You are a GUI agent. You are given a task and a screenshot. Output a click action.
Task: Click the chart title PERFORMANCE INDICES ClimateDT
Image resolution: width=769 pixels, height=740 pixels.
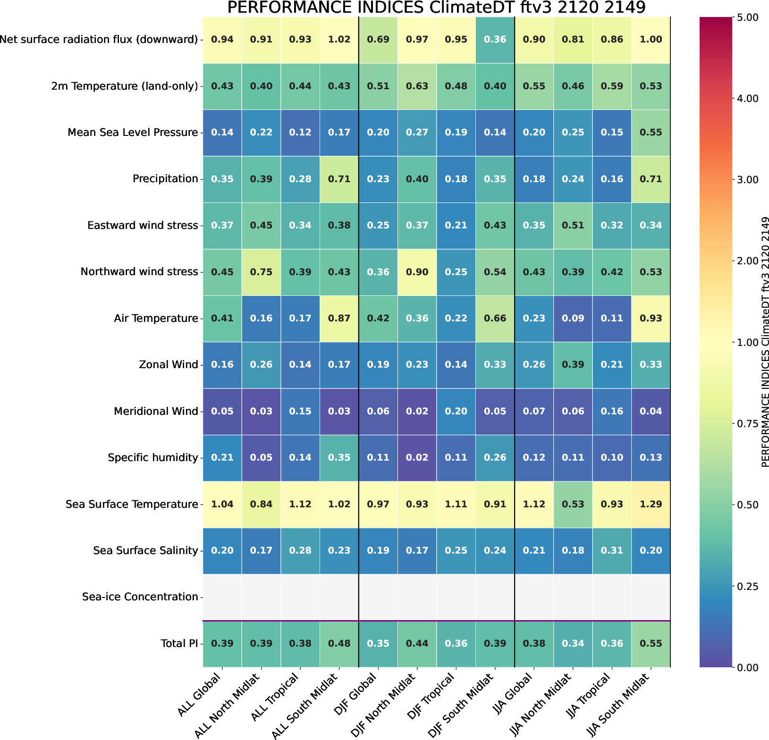coord(436,8)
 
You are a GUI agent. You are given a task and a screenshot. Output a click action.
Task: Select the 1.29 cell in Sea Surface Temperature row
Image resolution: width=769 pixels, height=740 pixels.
coord(651,504)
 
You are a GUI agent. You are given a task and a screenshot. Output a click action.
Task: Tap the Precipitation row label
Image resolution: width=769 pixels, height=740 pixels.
coord(165,179)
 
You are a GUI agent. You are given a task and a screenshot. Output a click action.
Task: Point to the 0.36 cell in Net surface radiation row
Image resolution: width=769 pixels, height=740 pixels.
coord(495,40)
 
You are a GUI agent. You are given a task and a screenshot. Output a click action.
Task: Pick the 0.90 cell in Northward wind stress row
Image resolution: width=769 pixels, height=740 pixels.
coord(417,272)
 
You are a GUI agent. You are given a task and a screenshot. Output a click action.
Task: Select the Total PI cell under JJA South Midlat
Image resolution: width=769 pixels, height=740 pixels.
coord(651,643)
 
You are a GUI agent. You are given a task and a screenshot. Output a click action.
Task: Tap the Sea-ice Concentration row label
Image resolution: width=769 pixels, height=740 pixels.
coord(140,597)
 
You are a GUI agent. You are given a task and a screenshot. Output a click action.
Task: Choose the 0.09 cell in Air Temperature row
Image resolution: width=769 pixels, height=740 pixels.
coord(573,319)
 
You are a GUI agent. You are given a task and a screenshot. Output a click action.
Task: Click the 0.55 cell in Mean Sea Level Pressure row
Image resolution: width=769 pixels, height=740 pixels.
coord(651,133)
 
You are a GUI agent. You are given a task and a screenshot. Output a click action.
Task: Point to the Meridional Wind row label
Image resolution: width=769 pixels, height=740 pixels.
coord(156,412)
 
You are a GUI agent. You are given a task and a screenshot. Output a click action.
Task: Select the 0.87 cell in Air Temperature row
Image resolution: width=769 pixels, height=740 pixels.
coord(339,319)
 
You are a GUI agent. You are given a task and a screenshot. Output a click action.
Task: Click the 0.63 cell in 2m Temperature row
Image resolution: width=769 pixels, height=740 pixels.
coord(417,86)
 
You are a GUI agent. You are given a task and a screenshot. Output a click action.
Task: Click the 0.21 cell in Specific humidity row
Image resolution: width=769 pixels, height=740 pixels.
coord(222,458)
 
